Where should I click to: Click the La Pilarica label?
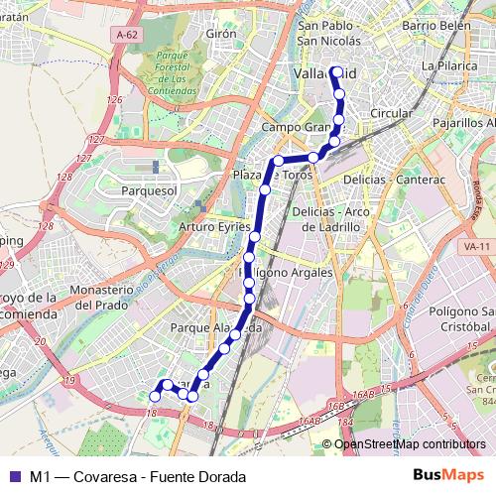[x=443, y=65]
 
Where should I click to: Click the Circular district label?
[x=390, y=113]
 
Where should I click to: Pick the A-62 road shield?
[x=126, y=35]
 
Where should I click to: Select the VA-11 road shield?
[x=477, y=245]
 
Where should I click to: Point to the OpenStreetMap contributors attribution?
[x=410, y=443]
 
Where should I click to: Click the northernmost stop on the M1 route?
[x=335, y=71]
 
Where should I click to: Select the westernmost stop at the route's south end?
[x=154, y=396]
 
